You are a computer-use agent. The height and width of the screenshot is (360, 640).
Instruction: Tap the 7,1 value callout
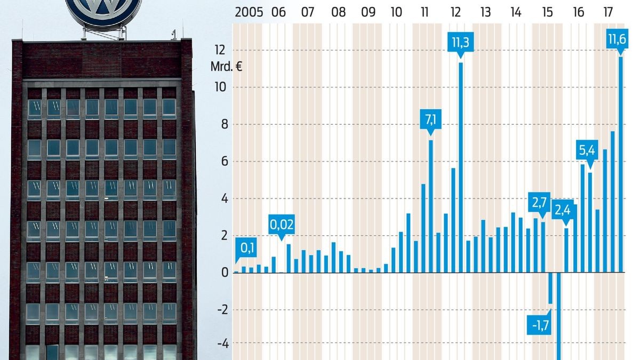point(430,121)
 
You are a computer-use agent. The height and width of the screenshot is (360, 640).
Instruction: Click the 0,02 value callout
point(281,225)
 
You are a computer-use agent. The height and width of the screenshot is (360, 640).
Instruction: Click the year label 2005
point(249,12)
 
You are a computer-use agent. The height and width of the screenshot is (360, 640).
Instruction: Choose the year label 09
point(367,12)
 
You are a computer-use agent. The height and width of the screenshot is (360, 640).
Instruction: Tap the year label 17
point(607,12)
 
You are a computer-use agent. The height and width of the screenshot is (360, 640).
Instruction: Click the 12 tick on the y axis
point(219,50)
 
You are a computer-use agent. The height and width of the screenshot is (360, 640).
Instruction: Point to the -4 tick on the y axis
point(221,344)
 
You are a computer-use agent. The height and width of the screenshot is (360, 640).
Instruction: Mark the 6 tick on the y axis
point(222,162)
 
